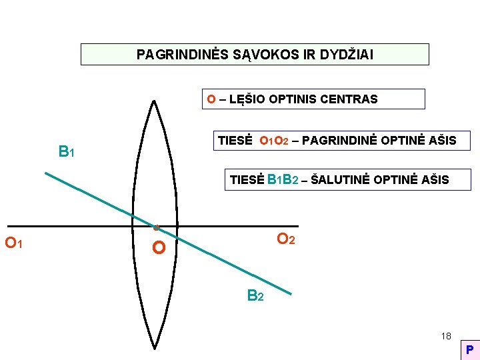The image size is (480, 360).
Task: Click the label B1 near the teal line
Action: [x=66, y=152]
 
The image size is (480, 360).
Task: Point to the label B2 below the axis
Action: [x=255, y=295]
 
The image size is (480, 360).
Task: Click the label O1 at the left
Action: [x=14, y=243]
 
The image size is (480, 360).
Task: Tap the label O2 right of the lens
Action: [x=286, y=239]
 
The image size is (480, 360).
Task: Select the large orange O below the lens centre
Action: [x=159, y=249]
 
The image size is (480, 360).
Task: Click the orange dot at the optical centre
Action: [x=156, y=228]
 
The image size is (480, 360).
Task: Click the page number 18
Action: [x=445, y=336]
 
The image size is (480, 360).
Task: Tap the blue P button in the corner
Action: [x=469, y=349]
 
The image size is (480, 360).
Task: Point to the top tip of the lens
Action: [x=154, y=101]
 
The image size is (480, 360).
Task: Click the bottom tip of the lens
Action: [x=155, y=348]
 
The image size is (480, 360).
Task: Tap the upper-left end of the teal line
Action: [x=45, y=173]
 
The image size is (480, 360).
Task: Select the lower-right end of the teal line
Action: [x=291, y=293]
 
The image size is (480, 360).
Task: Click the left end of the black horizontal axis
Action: [x=8, y=227]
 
